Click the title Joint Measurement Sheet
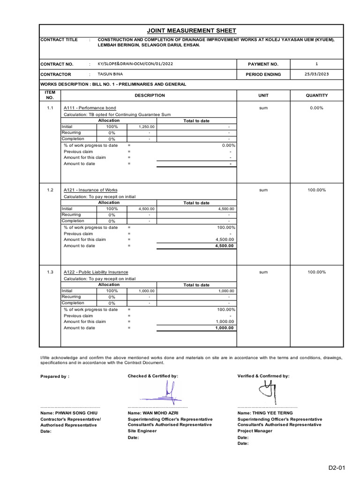(191, 31)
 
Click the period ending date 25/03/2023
(317, 74)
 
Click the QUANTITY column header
(317, 95)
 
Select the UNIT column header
(263, 95)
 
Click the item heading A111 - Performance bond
(90, 108)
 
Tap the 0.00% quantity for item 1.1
(317, 108)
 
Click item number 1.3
(50, 272)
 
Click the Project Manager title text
(255, 431)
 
